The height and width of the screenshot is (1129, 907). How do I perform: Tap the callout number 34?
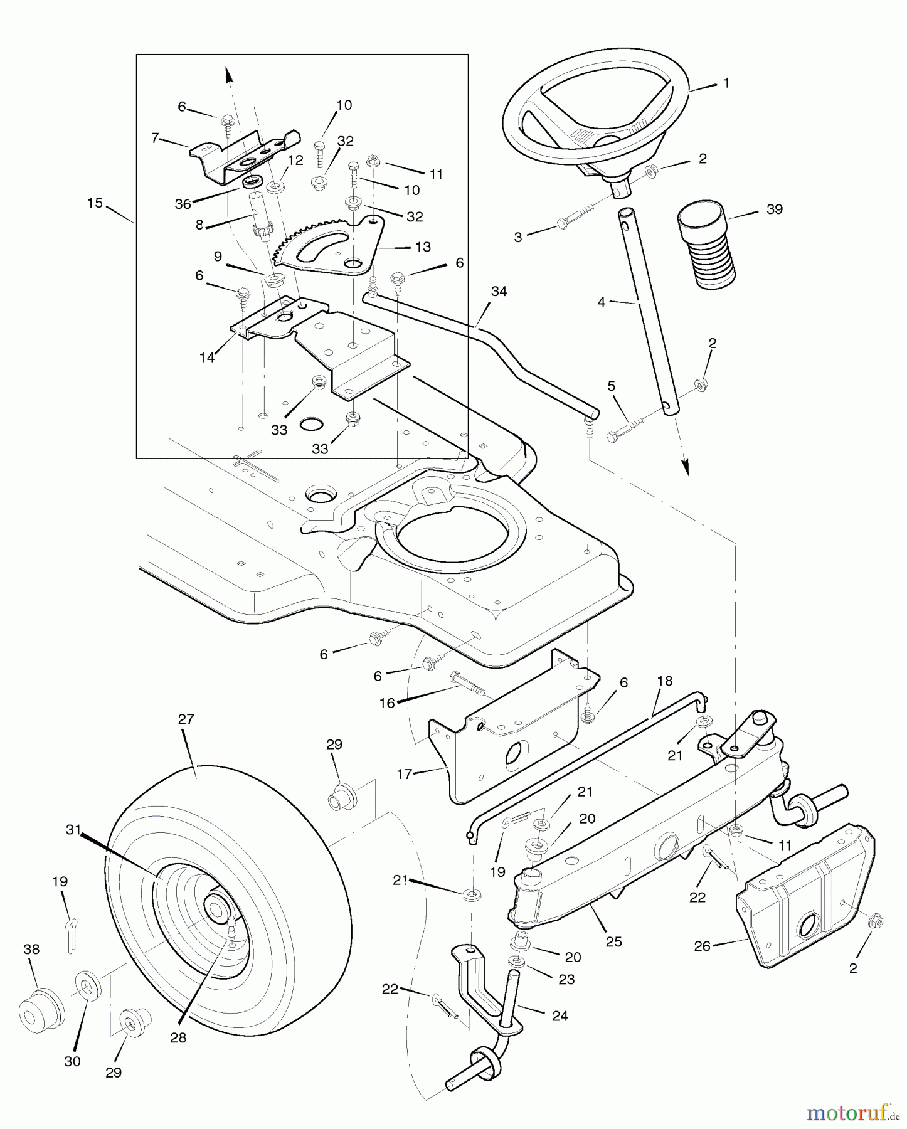(499, 292)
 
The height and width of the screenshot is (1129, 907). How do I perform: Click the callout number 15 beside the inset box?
(95, 204)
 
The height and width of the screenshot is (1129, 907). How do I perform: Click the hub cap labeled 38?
(41, 1010)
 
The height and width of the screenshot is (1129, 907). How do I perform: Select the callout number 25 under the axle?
(613, 941)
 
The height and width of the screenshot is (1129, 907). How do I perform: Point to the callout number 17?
(405, 774)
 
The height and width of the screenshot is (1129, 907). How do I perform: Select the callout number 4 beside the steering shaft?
(602, 302)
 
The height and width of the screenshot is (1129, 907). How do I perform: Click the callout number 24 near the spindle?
(560, 1015)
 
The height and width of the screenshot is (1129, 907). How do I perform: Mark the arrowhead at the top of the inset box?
(229, 74)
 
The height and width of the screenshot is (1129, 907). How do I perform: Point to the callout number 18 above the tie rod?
(664, 681)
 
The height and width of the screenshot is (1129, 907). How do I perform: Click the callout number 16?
(387, 703)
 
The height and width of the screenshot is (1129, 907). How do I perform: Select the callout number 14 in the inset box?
(207, 358)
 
